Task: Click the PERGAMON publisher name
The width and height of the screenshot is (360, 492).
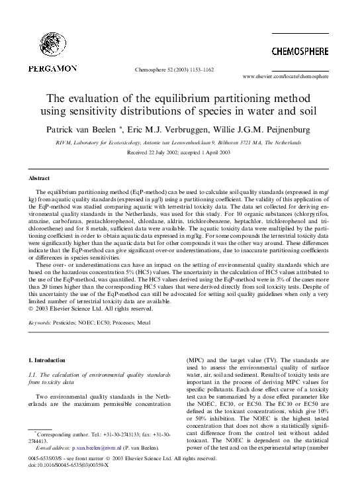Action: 53,68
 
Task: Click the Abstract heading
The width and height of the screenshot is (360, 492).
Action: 40,179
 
